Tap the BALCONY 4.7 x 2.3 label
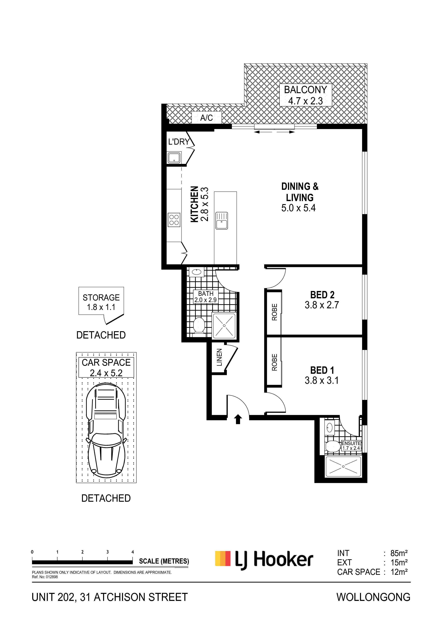pyautogui.click(x=305, y=95)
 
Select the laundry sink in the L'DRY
pyautogui.click(x=174, y=158)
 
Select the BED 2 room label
pyautogui.click(x=322, y=300)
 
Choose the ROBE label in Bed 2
pyautogui.click(x=275, y=312)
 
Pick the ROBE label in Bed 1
pyautogui.click(x=275, y=362)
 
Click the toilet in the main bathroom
pyautogui.click(x=199, y=325)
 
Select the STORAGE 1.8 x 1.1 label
pyautogui.click(x=101, y=302)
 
